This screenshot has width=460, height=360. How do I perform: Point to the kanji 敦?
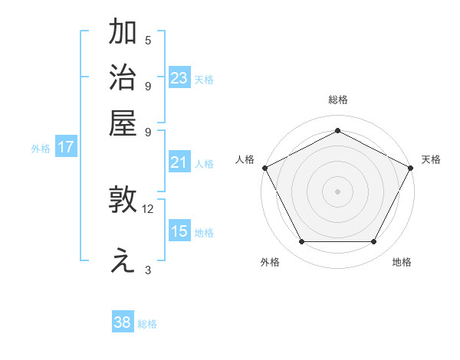(123, 201)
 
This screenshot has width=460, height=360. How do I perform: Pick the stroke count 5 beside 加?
(148, 41)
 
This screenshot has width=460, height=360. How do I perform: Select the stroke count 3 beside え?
(148, 270)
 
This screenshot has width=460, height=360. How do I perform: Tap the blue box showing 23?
(179, 77)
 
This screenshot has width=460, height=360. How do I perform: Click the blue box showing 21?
(179, 162)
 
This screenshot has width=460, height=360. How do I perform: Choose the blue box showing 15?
(179, 231)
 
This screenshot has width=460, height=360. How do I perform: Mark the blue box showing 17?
(66, 147)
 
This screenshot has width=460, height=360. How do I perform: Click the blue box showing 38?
(123, 322)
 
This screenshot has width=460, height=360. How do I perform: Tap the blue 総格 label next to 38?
(147, 324)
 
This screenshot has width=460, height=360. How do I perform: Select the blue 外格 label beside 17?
(41, 149)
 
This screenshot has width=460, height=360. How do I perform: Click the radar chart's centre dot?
(337, 191)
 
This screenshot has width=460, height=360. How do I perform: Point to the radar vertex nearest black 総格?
(337, 130)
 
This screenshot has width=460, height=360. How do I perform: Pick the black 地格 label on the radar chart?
(402, 263)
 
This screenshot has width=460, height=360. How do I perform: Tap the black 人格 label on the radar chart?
(245, 159)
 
